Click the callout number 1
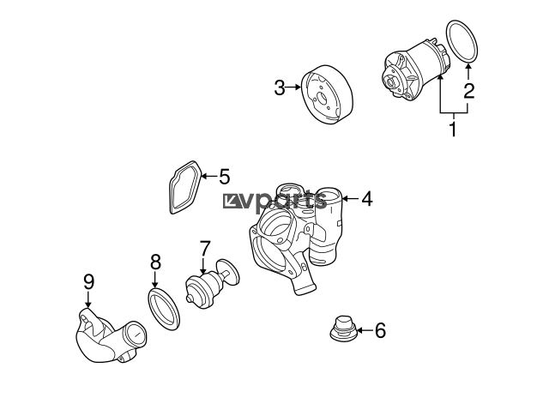pos(453,130)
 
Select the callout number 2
pos(468,90)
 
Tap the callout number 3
pos(280,87)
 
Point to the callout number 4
pos(367,199)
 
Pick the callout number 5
pos(225,177)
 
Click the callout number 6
pos(380,330)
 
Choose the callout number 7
pos(204,248)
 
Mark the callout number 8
pos(155,262)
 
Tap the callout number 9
pos(88,282)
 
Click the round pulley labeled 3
pos(328,94)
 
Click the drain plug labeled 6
pos(343,329)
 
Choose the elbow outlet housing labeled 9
pos(109,338)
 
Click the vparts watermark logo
pos(275,201)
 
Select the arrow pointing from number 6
pos(365,330)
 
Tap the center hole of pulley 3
pos(322,98)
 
